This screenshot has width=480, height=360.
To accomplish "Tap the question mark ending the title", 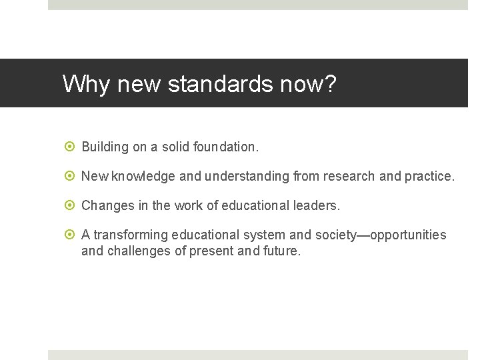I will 331,84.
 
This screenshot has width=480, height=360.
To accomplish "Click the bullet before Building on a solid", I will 71,146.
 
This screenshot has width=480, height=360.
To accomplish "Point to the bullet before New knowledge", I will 71,176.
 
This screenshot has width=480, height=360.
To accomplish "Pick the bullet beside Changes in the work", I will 71,206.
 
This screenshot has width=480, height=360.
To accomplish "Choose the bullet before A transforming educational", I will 71,235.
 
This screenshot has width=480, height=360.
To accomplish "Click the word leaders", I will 317,206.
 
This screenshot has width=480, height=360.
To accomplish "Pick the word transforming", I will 131,235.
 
